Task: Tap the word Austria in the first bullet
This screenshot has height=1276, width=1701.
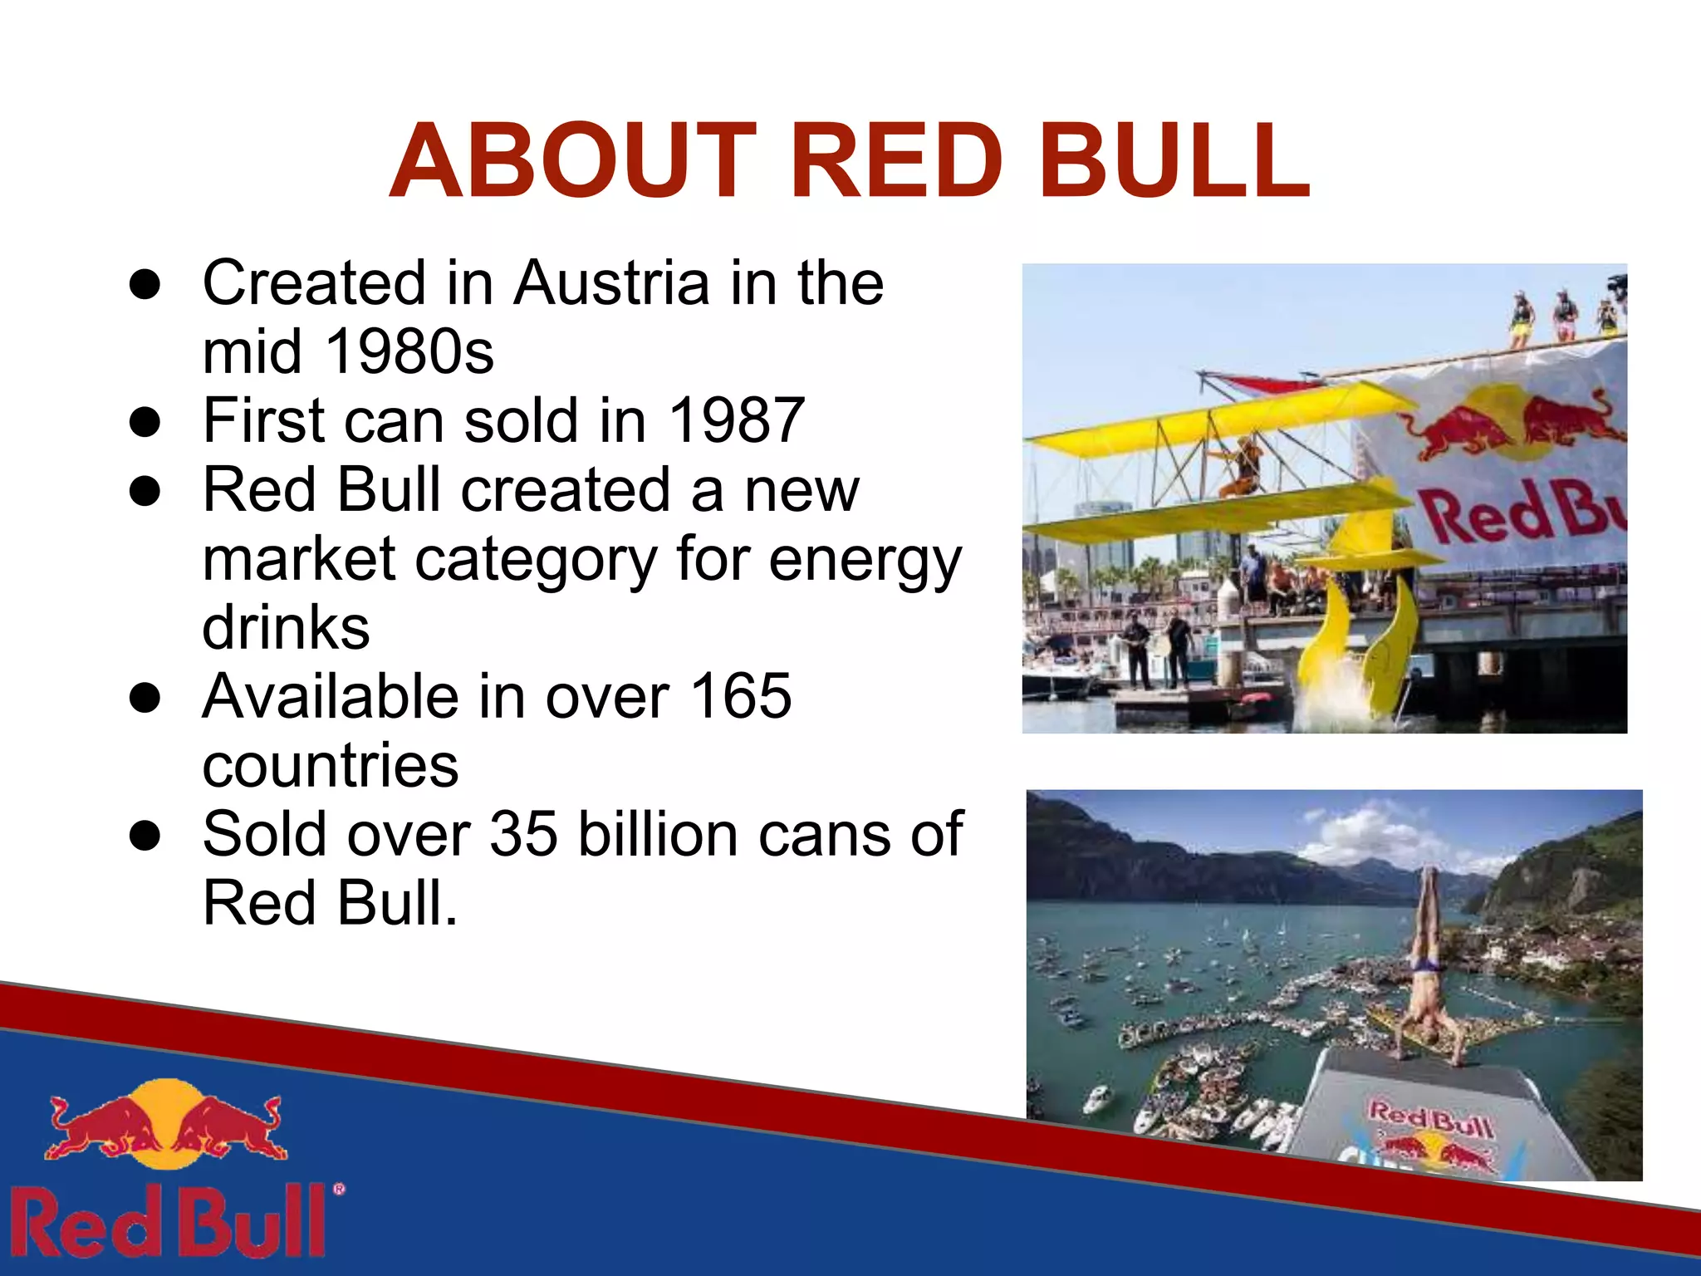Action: pos(611,284)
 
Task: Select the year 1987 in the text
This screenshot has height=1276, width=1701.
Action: pos(736,421)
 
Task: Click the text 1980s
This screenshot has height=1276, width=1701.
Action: pos(409,352)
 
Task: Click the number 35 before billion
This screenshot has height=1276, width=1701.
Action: pos(523,834)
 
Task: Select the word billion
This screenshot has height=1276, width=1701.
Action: pos(657,834)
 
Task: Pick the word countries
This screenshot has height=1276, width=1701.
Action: pos(331,766)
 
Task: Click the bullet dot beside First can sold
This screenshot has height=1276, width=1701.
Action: pos(145,422)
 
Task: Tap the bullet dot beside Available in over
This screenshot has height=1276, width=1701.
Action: pos(145,698)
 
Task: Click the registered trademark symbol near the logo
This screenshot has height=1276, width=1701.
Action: pos(339,1190)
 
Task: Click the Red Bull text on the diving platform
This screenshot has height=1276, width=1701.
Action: pos(1430,1118)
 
